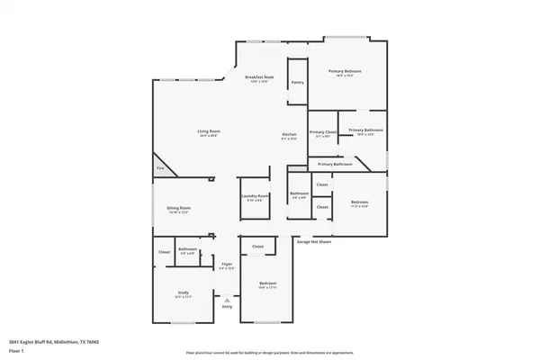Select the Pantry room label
tap(297, 82)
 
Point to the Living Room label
tap(210, 132)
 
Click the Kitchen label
tap(289, 134)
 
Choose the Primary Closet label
tap(322, 132)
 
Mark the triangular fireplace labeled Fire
tap(161, 167)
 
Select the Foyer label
tap(227, 265)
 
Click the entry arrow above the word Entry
tap(227, 300)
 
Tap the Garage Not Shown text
tap(314, 241)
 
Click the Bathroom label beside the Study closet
tap(187, 249)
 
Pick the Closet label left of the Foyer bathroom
tap(164, 252)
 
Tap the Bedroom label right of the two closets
tap(359, 202)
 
